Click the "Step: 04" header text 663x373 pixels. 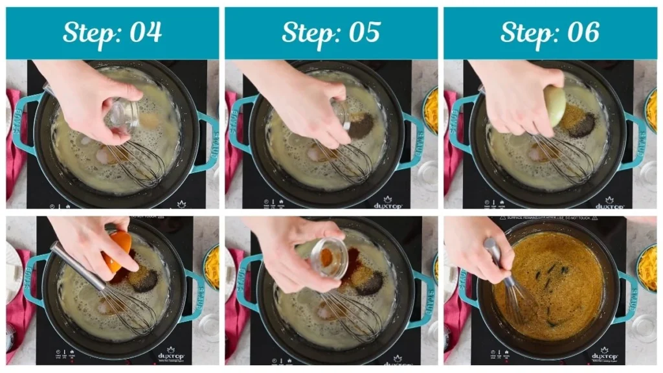tap(112, 32)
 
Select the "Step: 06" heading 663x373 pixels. tap(550, 32)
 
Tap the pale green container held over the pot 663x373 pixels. tap(555, 106)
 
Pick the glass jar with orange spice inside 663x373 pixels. tap(329, 258)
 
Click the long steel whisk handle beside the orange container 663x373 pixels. tap(78, 266)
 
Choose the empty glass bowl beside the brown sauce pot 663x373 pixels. tap(644, 327)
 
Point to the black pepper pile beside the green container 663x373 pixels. tap(581, 124)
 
